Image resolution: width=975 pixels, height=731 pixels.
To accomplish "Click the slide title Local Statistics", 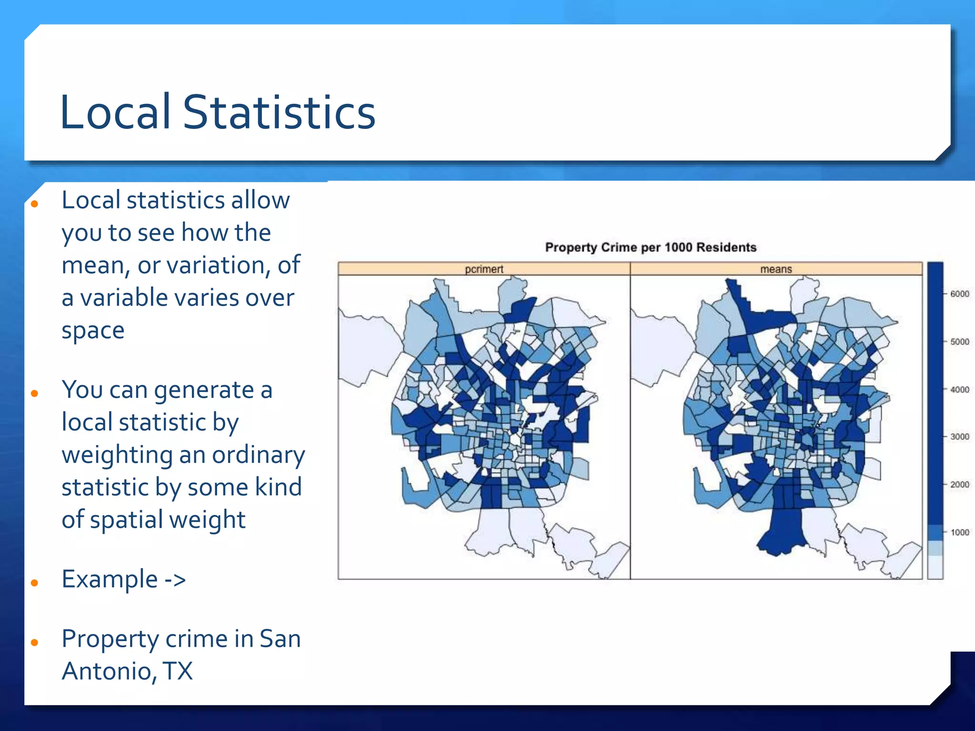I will point(218,112).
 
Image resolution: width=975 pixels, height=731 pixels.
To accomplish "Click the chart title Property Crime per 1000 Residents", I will point(650,247).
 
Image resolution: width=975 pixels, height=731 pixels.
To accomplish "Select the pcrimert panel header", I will point(484,269).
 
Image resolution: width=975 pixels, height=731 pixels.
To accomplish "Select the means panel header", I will point(776,269).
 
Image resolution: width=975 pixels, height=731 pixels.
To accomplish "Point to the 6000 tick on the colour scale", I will point(959,294).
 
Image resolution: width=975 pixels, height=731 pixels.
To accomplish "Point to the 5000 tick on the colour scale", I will point(959,342).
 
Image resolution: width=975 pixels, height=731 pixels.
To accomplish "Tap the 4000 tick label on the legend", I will point(959,390).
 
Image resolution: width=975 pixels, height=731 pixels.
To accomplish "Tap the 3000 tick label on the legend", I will point(959,437).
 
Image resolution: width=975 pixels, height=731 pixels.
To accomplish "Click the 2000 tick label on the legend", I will point(959,484).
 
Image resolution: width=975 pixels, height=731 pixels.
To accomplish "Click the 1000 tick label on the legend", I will point(959,533).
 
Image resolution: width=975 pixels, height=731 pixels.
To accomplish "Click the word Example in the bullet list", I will point(109,579).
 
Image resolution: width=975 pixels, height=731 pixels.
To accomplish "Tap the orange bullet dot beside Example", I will point(34,583).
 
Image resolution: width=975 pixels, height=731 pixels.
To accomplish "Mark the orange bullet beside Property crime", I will point(34,642).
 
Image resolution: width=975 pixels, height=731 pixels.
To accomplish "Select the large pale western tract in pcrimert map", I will point(367,347).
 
